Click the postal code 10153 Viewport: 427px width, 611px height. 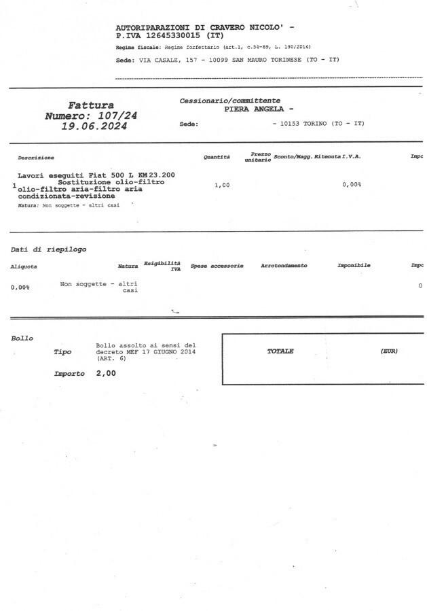[293, 124]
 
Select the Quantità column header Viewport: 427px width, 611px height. [217, 157]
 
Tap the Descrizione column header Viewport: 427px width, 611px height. [36, 158]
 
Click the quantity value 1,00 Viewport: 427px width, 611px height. [222, 185]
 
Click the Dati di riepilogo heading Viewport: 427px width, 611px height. [48, 249]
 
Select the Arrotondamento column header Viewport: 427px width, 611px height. [284, 266]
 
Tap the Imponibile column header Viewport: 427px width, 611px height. [354, 266]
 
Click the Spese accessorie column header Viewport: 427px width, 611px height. [217, 266]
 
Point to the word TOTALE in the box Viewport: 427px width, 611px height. [280, 351]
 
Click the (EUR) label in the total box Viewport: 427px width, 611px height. [389, 351]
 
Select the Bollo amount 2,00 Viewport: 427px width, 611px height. [106, 374]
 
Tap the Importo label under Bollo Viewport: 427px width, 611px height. [69, 374]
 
